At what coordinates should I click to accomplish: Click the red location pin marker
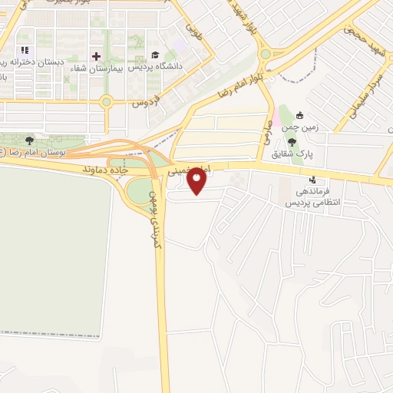(197, 182)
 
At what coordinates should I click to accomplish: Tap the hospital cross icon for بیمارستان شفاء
(97, 56)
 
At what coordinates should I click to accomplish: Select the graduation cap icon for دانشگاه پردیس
(155, 55)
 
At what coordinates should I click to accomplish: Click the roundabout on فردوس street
(106, 101)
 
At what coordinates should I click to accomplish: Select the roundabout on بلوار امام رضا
(266, 54)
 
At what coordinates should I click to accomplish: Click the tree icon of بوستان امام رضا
(29, 140)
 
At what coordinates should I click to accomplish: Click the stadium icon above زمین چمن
(300, 115)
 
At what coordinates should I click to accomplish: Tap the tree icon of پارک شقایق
(291, 141)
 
